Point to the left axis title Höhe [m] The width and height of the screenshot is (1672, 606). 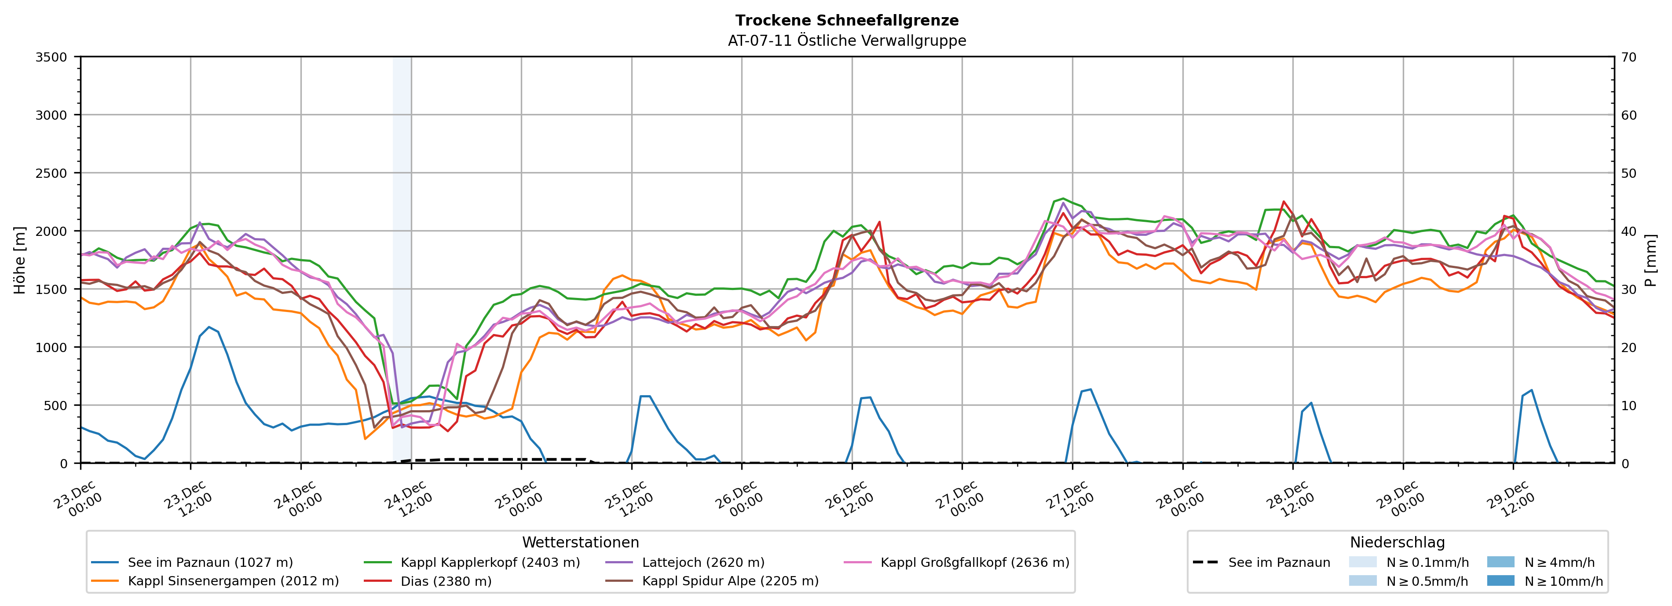(x=20, y=260)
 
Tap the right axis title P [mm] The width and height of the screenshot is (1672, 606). (x=1650, y=260)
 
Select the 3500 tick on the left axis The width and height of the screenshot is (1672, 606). (x=51, y=57)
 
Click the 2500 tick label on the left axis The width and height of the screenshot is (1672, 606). (x=51, y=173)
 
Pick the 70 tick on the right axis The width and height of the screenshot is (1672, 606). (x=1628, y=57)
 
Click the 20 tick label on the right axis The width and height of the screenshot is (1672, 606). (x=1628, y=348)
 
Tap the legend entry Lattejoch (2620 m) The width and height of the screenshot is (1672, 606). (x=703, y=562)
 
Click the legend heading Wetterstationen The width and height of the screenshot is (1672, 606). (x=580, y=542)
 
